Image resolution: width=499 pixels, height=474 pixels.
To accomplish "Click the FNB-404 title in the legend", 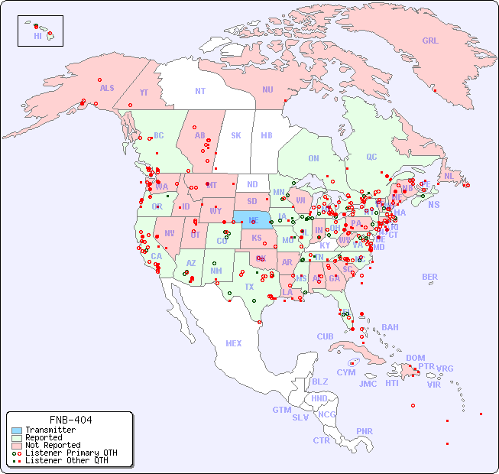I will click(70, 420).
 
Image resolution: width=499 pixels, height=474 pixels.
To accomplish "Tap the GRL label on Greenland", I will click(430, 41).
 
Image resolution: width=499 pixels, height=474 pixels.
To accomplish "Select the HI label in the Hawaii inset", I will click(37, 36).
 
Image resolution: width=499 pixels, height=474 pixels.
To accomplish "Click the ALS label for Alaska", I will click(107, 88).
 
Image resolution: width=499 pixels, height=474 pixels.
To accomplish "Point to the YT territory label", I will click(144, 93).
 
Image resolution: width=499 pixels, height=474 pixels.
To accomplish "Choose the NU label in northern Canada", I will click(267, 89).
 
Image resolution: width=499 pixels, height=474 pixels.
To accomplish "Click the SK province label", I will click(236, 135).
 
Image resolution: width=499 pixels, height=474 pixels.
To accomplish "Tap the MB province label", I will click(266, 135).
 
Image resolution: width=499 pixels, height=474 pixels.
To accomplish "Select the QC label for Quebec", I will click(371, 157).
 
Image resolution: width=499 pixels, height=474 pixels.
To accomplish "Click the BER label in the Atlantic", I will click(430, 277).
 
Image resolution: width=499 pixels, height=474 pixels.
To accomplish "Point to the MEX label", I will click(234, 343).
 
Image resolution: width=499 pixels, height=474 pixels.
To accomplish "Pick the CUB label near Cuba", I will click(325, 336).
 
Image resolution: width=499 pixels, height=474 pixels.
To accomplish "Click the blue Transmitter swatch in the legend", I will click(16, 430).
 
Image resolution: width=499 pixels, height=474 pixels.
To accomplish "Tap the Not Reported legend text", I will click(52, 445).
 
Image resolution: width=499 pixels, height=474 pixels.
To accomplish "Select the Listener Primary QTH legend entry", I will click(70, 453).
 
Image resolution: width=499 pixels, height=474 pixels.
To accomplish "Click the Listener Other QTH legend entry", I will click(66, 460).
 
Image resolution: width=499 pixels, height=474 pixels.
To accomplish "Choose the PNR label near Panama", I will click(365, 431).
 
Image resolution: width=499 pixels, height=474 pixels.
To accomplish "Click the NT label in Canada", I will click(200, 91).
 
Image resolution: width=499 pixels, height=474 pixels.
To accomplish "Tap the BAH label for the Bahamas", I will click(390, 327).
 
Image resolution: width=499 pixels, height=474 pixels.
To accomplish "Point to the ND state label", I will click(252, 184).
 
